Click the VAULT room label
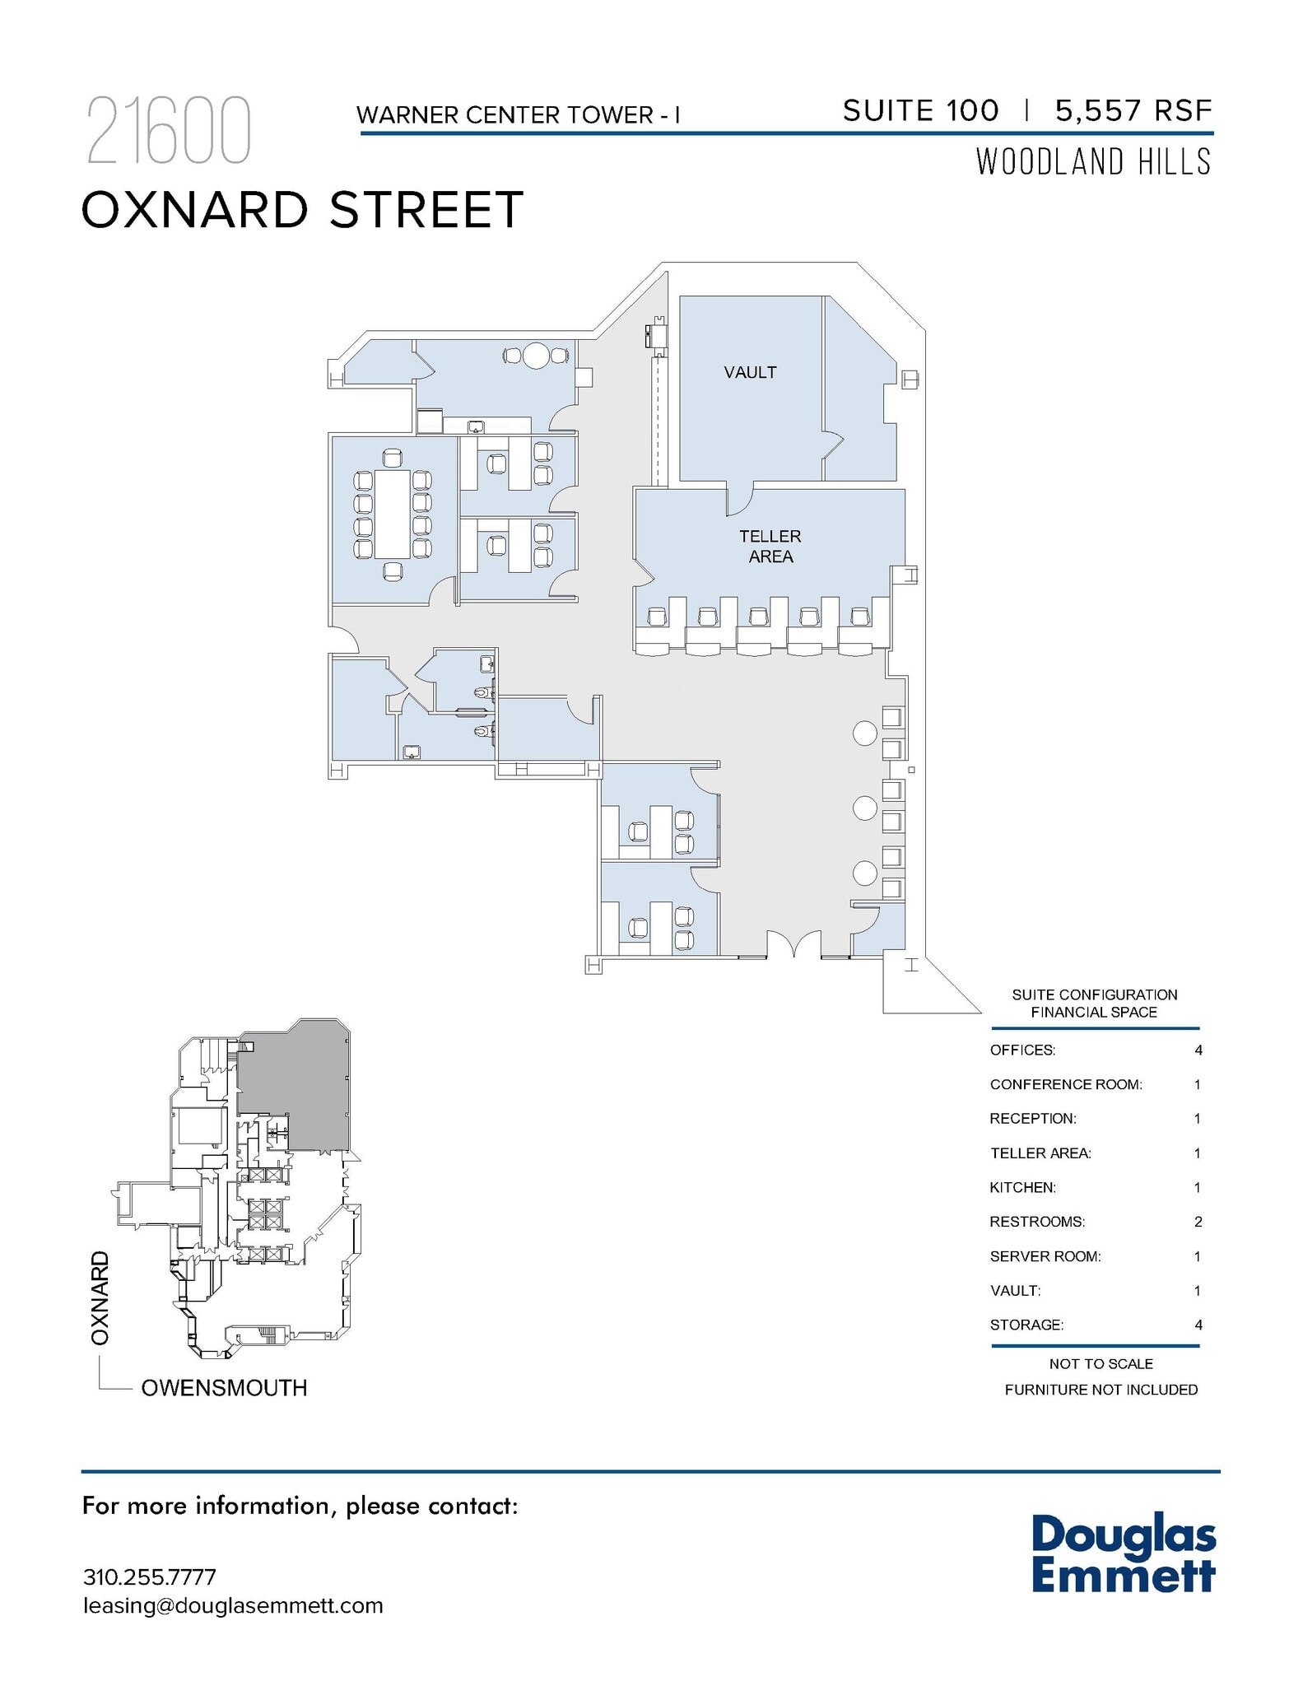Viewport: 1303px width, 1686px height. pos(750,372)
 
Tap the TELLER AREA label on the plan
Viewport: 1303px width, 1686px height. pos(770,547)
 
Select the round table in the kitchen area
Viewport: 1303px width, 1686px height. pos(536,356)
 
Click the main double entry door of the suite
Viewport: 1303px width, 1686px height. pos(793,945)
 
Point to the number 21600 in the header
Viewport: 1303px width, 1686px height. pos(168,132)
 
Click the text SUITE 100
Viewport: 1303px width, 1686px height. pos(920,110)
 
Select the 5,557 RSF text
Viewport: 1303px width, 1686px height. pos(1133,110)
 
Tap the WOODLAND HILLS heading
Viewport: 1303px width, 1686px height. pos(1093,162)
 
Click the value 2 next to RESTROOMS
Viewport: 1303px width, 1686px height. pos(1198,1222)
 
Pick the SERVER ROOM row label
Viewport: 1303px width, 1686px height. pos(1045,1256)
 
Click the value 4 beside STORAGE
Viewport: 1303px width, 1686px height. pos(1198,1325)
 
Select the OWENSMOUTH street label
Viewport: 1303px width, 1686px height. pos(224,1388)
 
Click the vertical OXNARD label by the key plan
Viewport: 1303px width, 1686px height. pos(100,1298)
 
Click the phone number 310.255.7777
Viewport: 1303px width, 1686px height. pos(150,1577)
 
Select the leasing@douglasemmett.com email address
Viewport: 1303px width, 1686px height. pos(233,1606)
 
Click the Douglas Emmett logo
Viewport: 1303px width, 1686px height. pos(1123,1554)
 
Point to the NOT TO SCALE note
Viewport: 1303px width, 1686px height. pos(1101,1364)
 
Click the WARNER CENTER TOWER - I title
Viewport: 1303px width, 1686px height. pos(518,115)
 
